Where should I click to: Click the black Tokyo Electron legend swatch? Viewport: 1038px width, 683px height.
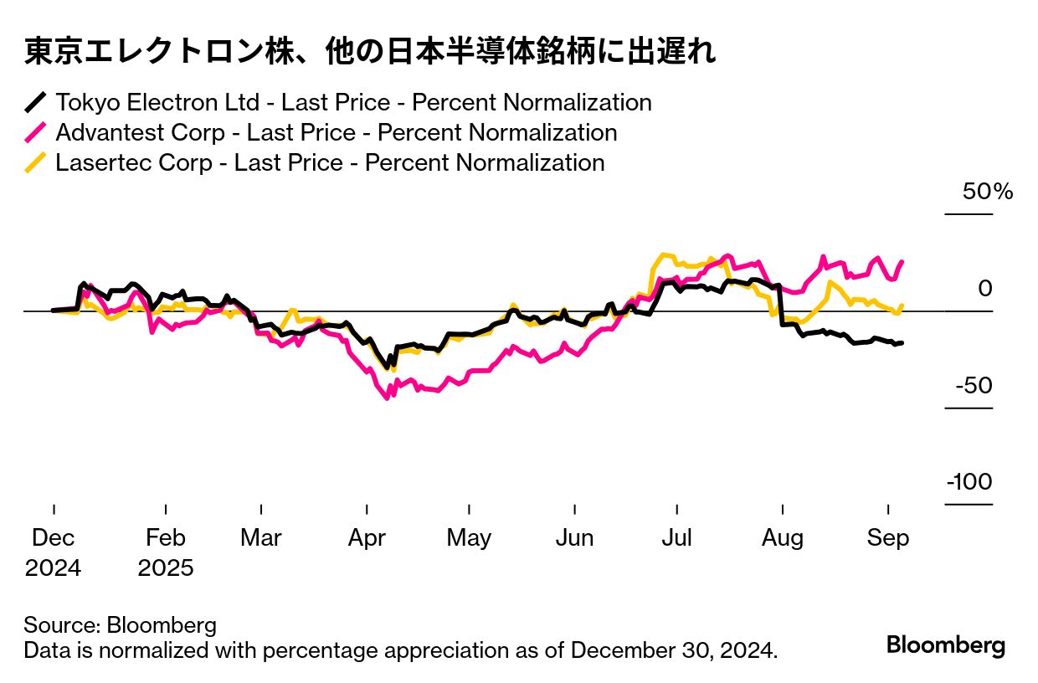tap(35, 103)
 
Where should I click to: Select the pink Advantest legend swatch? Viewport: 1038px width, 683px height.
tap(35, 133)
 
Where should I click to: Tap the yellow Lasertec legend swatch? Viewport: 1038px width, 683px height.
tap(35, 163)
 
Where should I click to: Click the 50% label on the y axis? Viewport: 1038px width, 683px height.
tap(988, 192)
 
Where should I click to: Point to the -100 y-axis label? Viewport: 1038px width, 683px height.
tap(969, 482)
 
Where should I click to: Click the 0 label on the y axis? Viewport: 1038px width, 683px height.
tap(984, 289)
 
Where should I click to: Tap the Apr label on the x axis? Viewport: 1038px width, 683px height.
tap(367, 537)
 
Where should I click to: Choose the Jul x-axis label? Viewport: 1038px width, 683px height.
tap(676, 537)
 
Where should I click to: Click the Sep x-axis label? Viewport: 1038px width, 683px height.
tap(888, 537)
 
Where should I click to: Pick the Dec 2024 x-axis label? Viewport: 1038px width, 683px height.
tap(54, 552)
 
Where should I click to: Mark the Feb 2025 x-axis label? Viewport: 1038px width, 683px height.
tap(166, 552)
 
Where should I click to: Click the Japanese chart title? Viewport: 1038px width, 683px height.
tap(369, 53)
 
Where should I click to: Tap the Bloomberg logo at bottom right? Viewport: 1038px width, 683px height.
tap(945, 645)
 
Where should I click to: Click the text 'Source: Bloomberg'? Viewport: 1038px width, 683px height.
tap(120, 625)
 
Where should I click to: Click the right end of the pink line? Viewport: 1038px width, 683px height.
tap(902, 261)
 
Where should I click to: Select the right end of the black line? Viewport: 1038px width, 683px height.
tap(902, 342)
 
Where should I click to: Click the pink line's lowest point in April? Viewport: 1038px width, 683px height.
tap(387, 398)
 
